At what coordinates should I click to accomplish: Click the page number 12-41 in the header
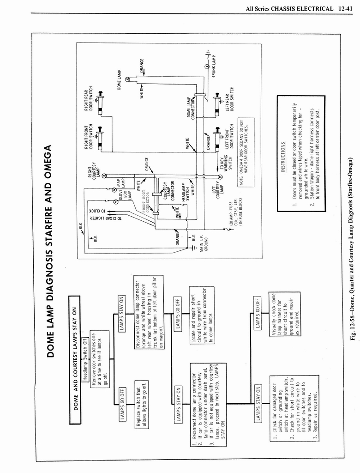coord(346,9)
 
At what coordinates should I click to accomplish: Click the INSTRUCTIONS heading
coord(283,157)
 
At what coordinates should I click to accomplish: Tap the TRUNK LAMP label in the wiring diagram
coord(214,67)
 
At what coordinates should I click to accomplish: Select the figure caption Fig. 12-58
coord(353,249)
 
